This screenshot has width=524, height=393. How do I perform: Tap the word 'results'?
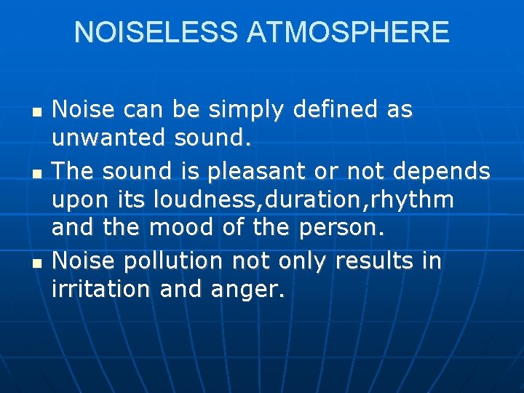pos(374,261)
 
